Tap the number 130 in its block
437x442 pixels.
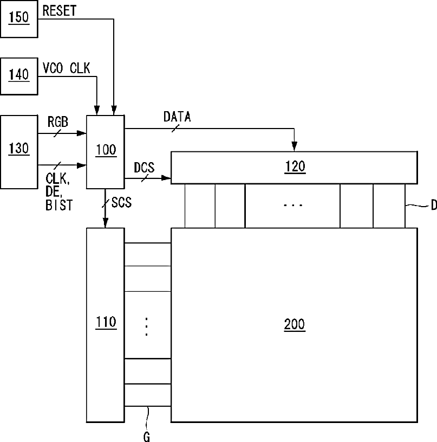point(19,148)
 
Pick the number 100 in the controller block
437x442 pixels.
point(106,150)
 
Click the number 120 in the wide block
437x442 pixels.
point(295,166)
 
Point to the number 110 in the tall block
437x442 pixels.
point(106,322)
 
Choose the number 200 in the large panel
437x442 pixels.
point(295,324)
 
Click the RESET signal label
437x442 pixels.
point(59,11)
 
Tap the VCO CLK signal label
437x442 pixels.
point(67,68)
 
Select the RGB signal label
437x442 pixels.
point(58,122)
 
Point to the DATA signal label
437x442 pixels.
point(177,117)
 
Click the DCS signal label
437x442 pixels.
point(144,168)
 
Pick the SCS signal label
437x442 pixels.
point(121,202)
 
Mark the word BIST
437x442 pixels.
point(59,205)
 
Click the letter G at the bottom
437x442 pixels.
point(147,437)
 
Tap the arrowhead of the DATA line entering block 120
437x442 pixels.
point(295,146)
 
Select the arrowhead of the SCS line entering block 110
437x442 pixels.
point(105,223)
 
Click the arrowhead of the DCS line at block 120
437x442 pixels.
point(166,178)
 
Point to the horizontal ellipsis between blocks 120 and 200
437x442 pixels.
point(293,205)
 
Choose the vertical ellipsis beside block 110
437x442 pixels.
point(146,326)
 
